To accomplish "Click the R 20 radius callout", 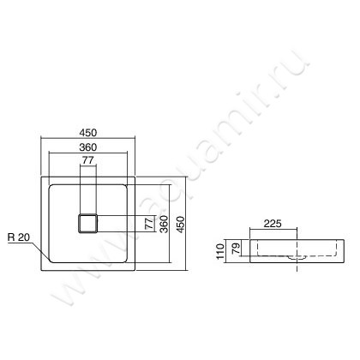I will (19, 237).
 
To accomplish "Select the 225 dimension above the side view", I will (273, 224).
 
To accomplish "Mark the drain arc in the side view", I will (297, 255).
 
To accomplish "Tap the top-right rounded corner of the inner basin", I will (127, 186).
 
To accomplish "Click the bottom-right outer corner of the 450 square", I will (135, 269).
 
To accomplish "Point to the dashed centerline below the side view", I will (297, 271).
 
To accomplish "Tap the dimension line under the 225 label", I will (273, 231).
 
